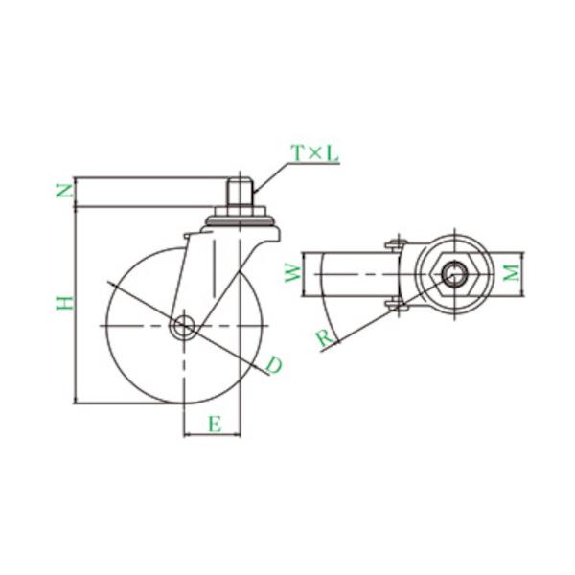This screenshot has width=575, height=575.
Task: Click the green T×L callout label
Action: (314, 153)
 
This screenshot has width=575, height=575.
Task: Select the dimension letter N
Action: (64, 191)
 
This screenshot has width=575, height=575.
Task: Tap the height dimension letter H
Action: (65, 303)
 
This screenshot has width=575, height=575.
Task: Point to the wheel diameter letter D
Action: (274, 365)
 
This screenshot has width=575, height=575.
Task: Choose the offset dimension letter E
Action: (215, 425)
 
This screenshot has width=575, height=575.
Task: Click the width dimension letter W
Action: (294, 274)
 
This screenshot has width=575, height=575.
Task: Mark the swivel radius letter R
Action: (325, 337)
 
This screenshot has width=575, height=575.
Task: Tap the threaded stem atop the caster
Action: (240, 192)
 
